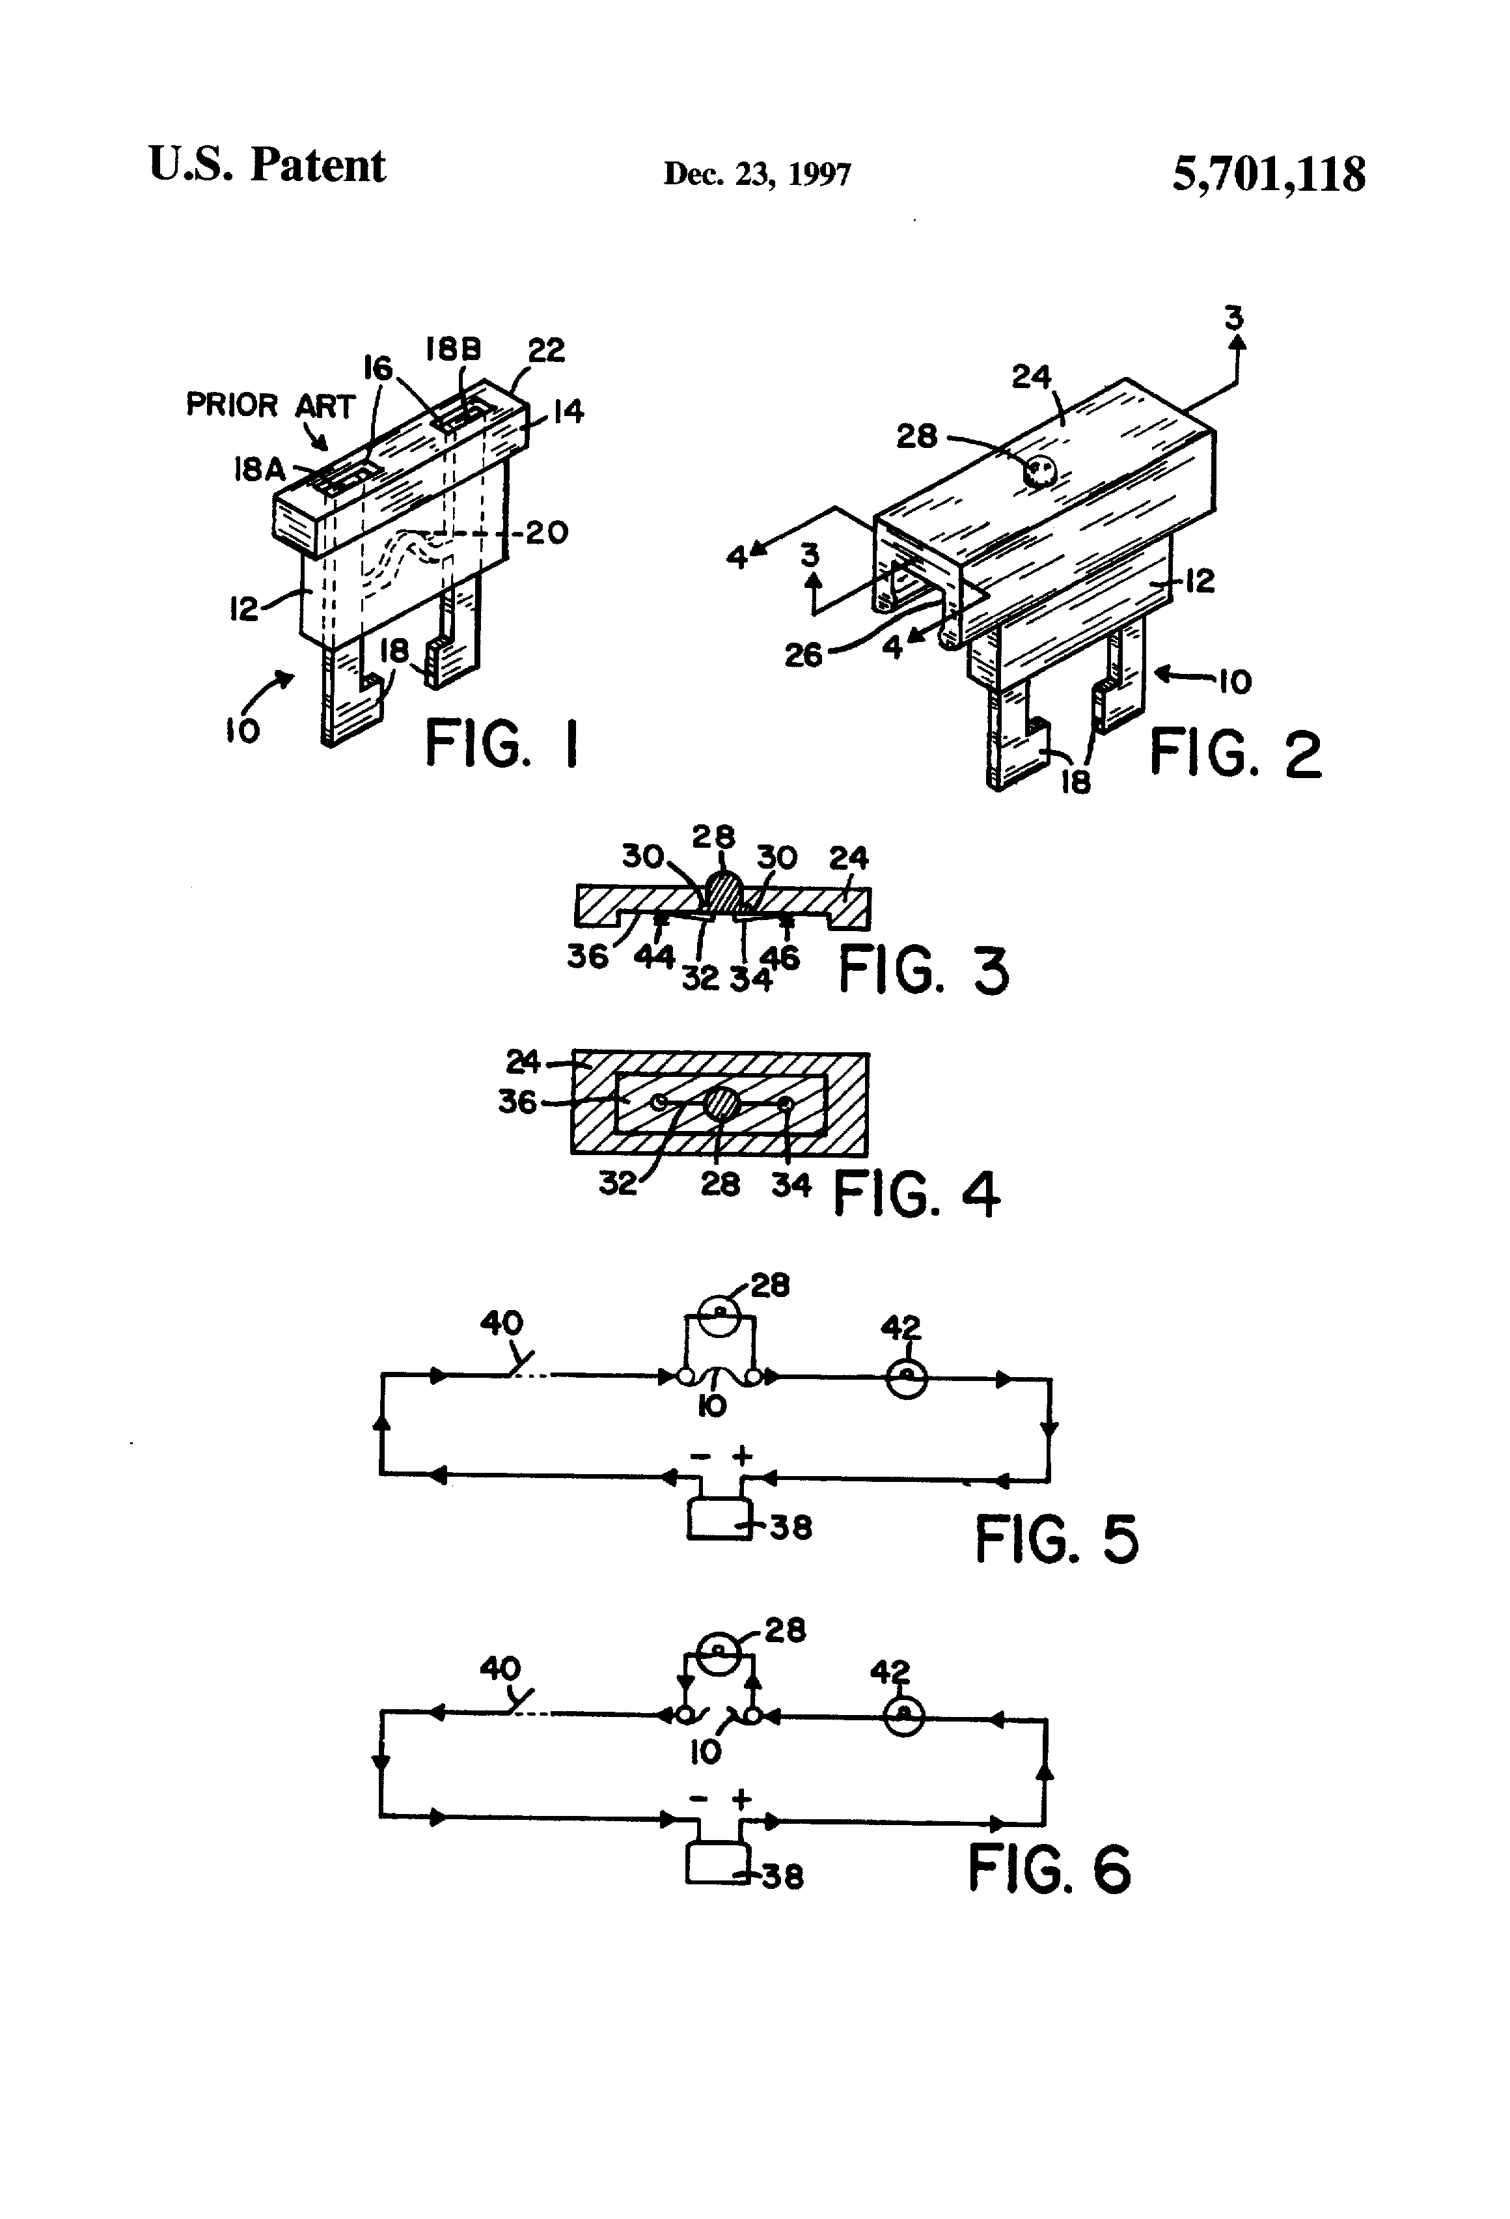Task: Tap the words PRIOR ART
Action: click(269, 406)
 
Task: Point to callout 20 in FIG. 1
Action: click(547, 533)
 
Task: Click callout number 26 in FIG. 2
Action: click(803, 655)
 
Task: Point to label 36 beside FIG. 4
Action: click(517, 1102)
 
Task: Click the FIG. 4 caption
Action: click(916, 1193)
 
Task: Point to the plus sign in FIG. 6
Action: click(741, 1800)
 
